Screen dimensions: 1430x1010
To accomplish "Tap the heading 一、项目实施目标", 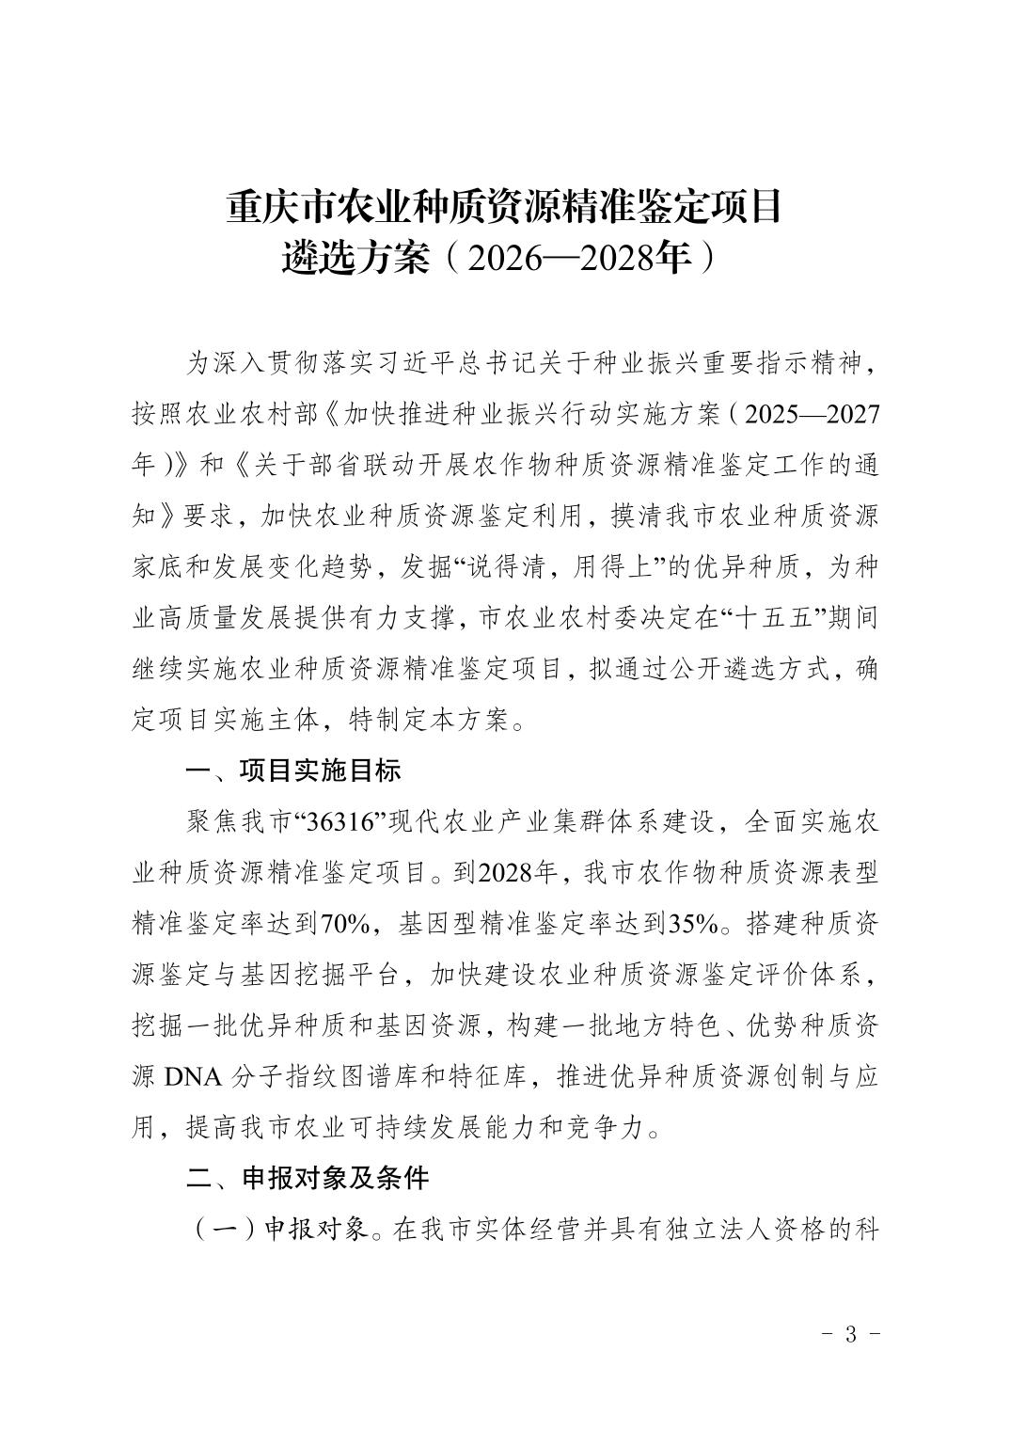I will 293,771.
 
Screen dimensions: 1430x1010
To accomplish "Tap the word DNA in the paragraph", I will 192,1076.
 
